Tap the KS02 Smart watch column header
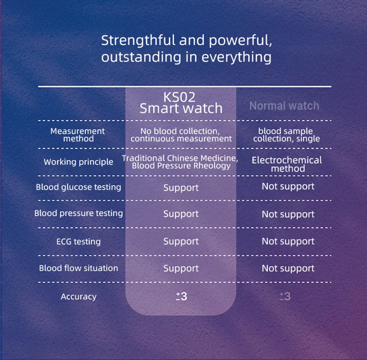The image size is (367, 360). (x=181, y=103)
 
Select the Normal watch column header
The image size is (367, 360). (x=284, y=106)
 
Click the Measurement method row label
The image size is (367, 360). (x=78, y=135)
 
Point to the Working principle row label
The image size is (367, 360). (x=78, y=162)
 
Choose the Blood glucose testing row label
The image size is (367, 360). (x=78, y=187)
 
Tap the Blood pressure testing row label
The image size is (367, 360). (x=78, y=213)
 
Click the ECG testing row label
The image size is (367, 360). (x=78, y=242)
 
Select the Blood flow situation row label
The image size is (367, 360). (x=78, y=268)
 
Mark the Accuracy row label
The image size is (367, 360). (x=78, y=297)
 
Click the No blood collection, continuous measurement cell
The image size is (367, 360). (x=181, y=135)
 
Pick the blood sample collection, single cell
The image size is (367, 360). (x=286, y=135)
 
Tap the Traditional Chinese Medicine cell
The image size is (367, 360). (x=180, y=162)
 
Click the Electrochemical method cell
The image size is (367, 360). (x=287, y=164)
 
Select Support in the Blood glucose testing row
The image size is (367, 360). (x=181, y=188)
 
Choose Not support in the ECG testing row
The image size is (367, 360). (x=288, y=241)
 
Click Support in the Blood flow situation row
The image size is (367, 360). (x=181, y=269)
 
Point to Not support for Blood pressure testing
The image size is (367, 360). (x=288, y=214)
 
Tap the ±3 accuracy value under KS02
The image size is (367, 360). (x=181, y=297)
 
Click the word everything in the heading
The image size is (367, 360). (x=237, y=57)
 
